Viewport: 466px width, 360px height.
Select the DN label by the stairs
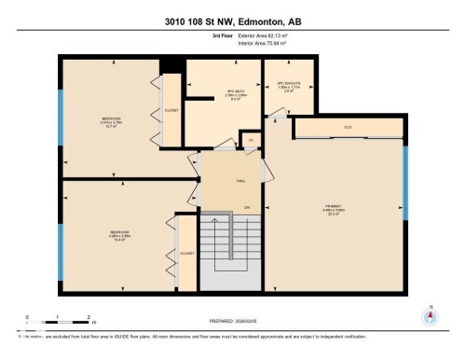point(247,206)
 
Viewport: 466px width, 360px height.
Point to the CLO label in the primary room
point(347,127)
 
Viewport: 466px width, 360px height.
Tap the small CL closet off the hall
point(250,140)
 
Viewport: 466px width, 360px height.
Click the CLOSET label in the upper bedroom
point(171,109)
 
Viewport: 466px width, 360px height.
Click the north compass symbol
point(430,315)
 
